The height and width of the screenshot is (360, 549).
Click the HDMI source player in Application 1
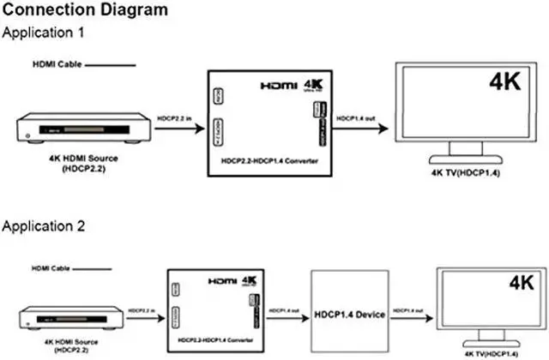point(84,129)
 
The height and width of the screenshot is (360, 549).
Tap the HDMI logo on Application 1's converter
point(279,87)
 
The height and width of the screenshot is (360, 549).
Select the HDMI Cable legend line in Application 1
point(110,65)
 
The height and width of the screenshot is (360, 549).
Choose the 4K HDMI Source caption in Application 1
point(83,162)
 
